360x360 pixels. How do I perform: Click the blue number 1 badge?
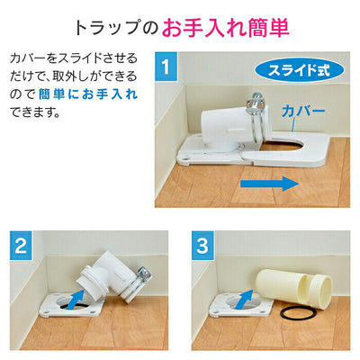click(166, 67)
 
